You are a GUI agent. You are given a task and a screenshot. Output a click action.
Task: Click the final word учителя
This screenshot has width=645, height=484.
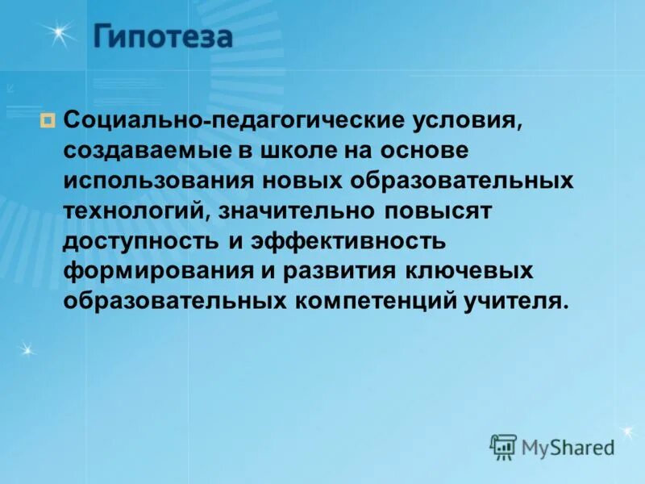coord(517,302)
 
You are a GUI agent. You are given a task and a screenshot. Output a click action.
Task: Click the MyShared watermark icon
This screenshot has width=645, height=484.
coord(503,445)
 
